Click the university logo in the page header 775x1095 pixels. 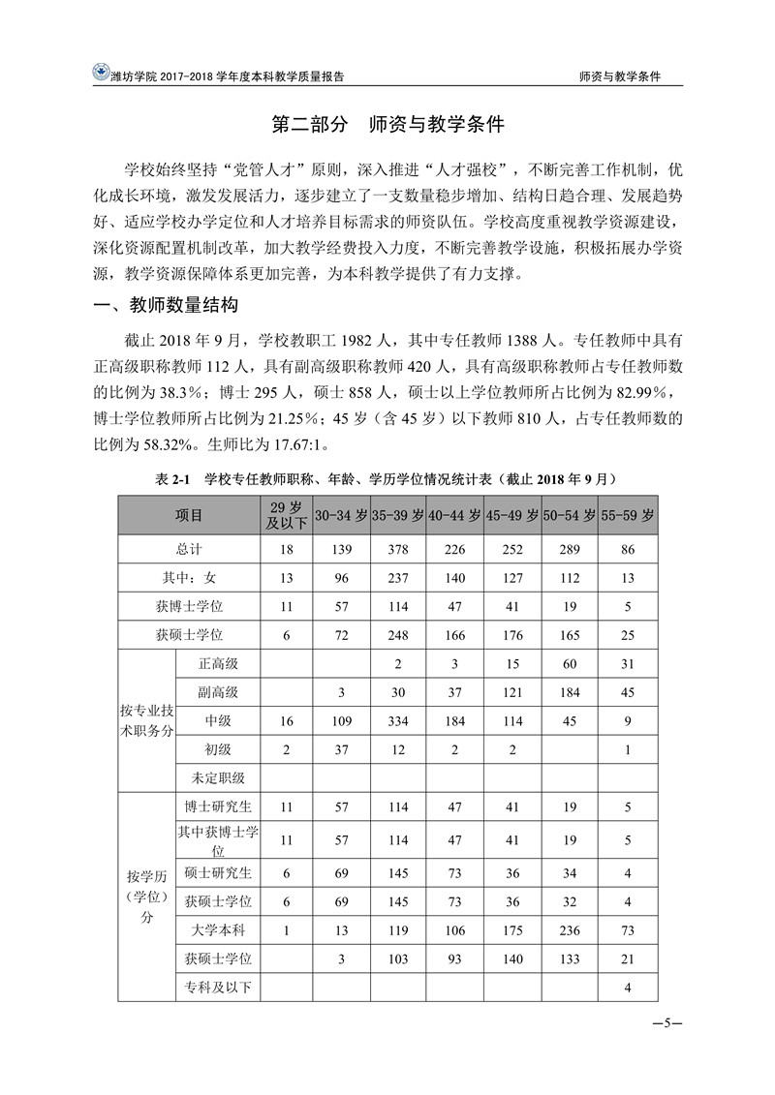coord(99,74)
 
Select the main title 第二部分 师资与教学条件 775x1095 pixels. coord(387,127)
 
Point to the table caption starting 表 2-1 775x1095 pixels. coord(387,479)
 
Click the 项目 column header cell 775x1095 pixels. coord(189,516)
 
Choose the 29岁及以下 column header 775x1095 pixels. coord(285,516)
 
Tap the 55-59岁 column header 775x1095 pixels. coord(627,516)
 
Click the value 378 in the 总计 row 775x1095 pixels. coord(397,549)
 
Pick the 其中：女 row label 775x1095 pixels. coord(189,578)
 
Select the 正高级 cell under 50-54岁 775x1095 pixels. coord(570,664)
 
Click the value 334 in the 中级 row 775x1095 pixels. coord(397,720)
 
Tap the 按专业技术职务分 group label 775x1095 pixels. coord(144,720)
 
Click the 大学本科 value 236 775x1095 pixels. coord(570,930)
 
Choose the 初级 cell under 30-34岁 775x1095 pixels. coord(340,749)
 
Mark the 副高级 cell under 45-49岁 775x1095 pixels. coord(512,692)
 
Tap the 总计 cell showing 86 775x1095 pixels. coord(627,549)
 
